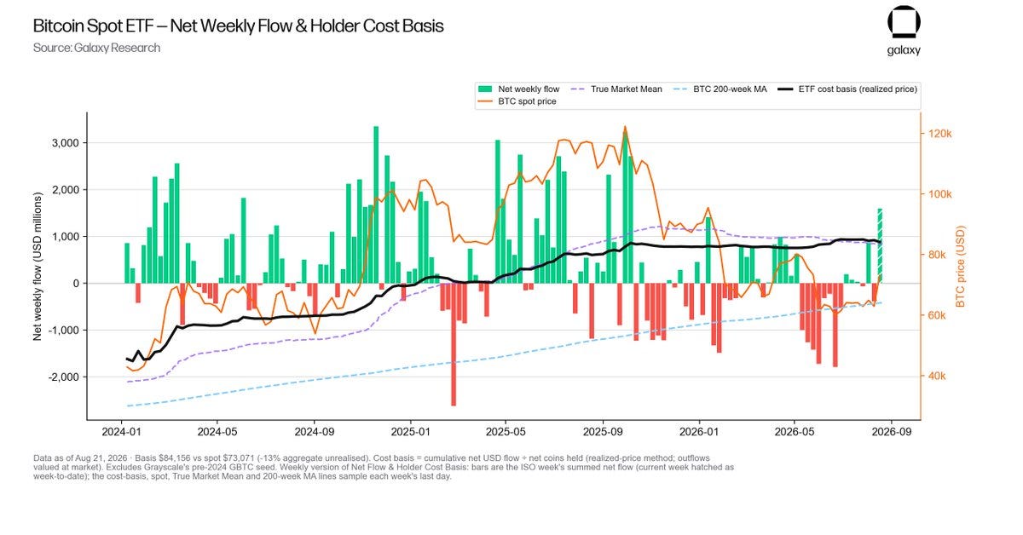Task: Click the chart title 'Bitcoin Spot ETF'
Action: [93, 26]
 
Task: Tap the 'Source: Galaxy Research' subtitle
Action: [97, 48]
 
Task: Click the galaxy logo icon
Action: [904, 22]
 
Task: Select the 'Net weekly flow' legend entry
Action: [518, 89]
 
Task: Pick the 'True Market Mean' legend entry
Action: [616, 89]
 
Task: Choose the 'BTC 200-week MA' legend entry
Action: [720, 89]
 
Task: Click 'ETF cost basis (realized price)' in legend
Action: [847, 89]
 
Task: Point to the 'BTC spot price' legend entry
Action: [517, 101]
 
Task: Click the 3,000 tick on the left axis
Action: [66, 143]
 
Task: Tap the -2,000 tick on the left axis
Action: [63, 377]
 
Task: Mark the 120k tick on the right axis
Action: [939, 134]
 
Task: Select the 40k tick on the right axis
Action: [937, 377]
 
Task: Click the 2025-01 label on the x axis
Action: [410, 432]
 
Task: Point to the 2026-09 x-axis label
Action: [891, 432]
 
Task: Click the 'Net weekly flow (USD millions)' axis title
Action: [38, 266]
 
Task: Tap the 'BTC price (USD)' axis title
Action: [961, 266]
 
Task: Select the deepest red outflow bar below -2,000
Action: [454, 344]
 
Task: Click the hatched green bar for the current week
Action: [880, 246]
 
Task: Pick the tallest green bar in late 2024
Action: [376, 205]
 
